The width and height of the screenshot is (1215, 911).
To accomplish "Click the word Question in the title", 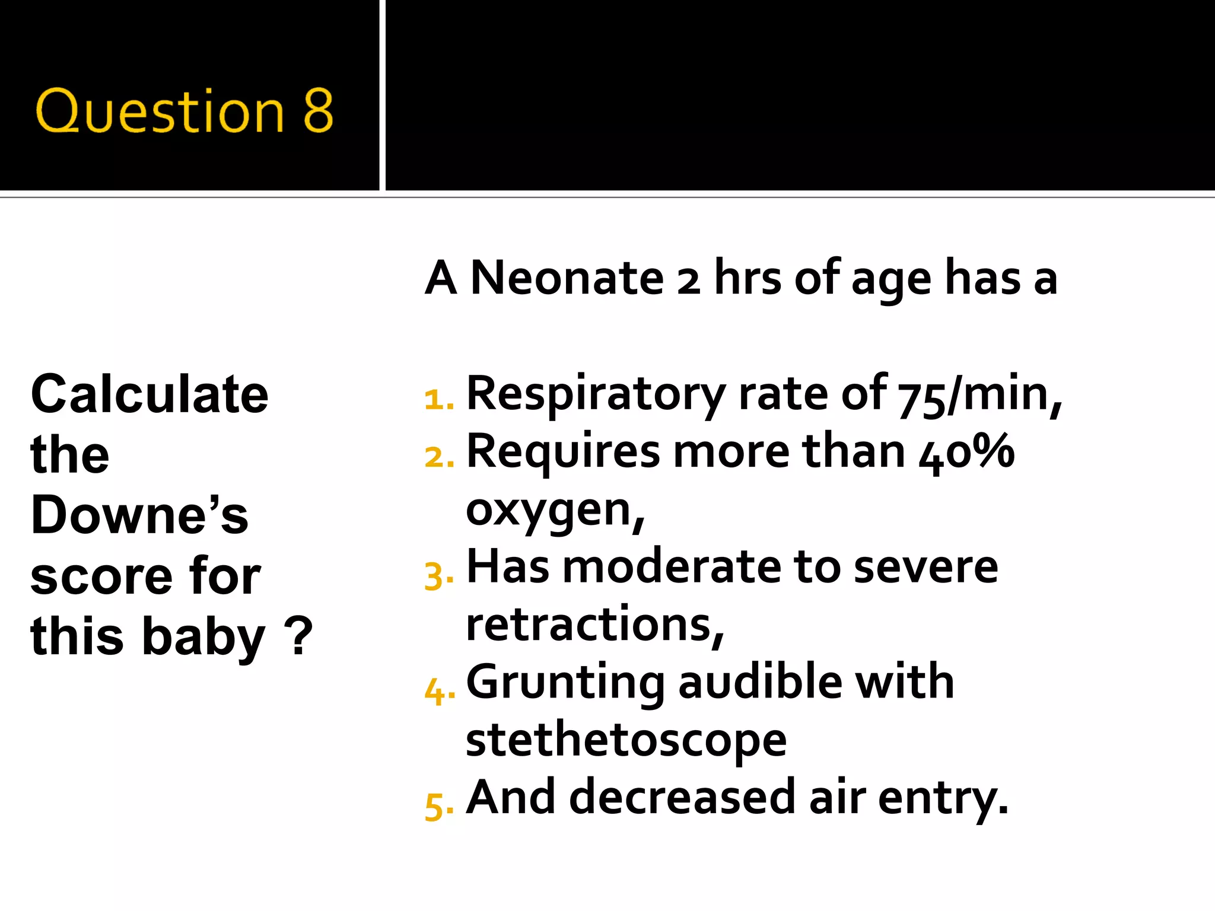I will coord(160,112).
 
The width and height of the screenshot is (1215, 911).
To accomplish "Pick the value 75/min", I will coord(979,395).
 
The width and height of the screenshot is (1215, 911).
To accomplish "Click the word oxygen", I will coord(555,510).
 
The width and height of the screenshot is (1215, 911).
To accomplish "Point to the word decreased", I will coord(682,797).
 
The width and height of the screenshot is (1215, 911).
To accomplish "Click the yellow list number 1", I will coord(438,399).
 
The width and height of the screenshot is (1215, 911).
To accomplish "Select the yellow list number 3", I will coord(438,576).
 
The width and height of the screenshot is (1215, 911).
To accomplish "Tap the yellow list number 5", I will coord(438,806).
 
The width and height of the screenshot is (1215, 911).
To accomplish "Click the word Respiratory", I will coord(596,395).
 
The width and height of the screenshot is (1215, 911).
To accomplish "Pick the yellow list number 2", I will coord(438,457).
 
